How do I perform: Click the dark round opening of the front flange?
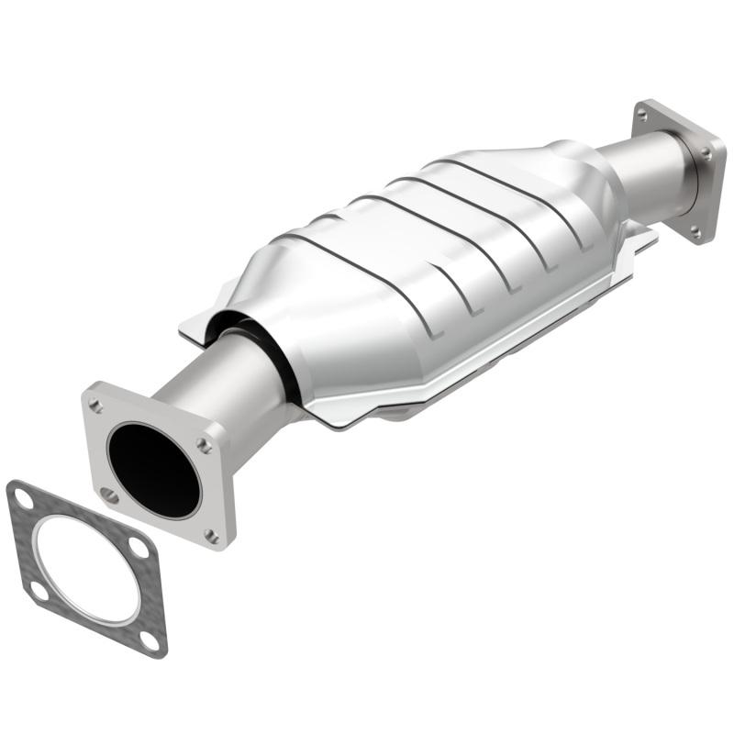point(152,469)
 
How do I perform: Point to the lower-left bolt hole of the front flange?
point(109,495)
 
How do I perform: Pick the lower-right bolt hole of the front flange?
point(213,535)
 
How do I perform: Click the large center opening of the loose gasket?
point(88,569)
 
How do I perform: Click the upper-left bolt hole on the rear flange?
point(642,115)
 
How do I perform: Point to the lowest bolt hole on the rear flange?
point(695,229)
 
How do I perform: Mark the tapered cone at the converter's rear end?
point(587,174)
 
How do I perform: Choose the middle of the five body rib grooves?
point(450,229)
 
